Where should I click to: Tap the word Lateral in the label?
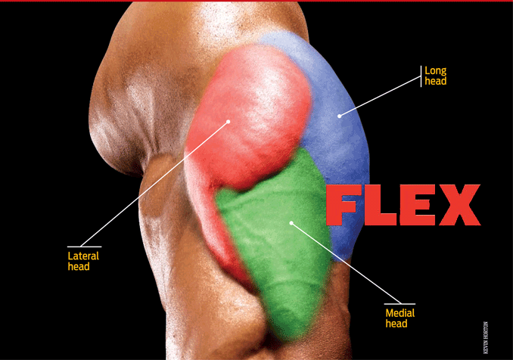pos(83,256)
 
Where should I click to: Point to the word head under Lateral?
pos(79,266)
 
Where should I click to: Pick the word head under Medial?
pos(396,324)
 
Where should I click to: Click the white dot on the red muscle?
pos(228,121)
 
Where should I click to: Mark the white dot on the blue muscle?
pos(340,116)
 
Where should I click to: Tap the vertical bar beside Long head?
pos(421,76)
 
